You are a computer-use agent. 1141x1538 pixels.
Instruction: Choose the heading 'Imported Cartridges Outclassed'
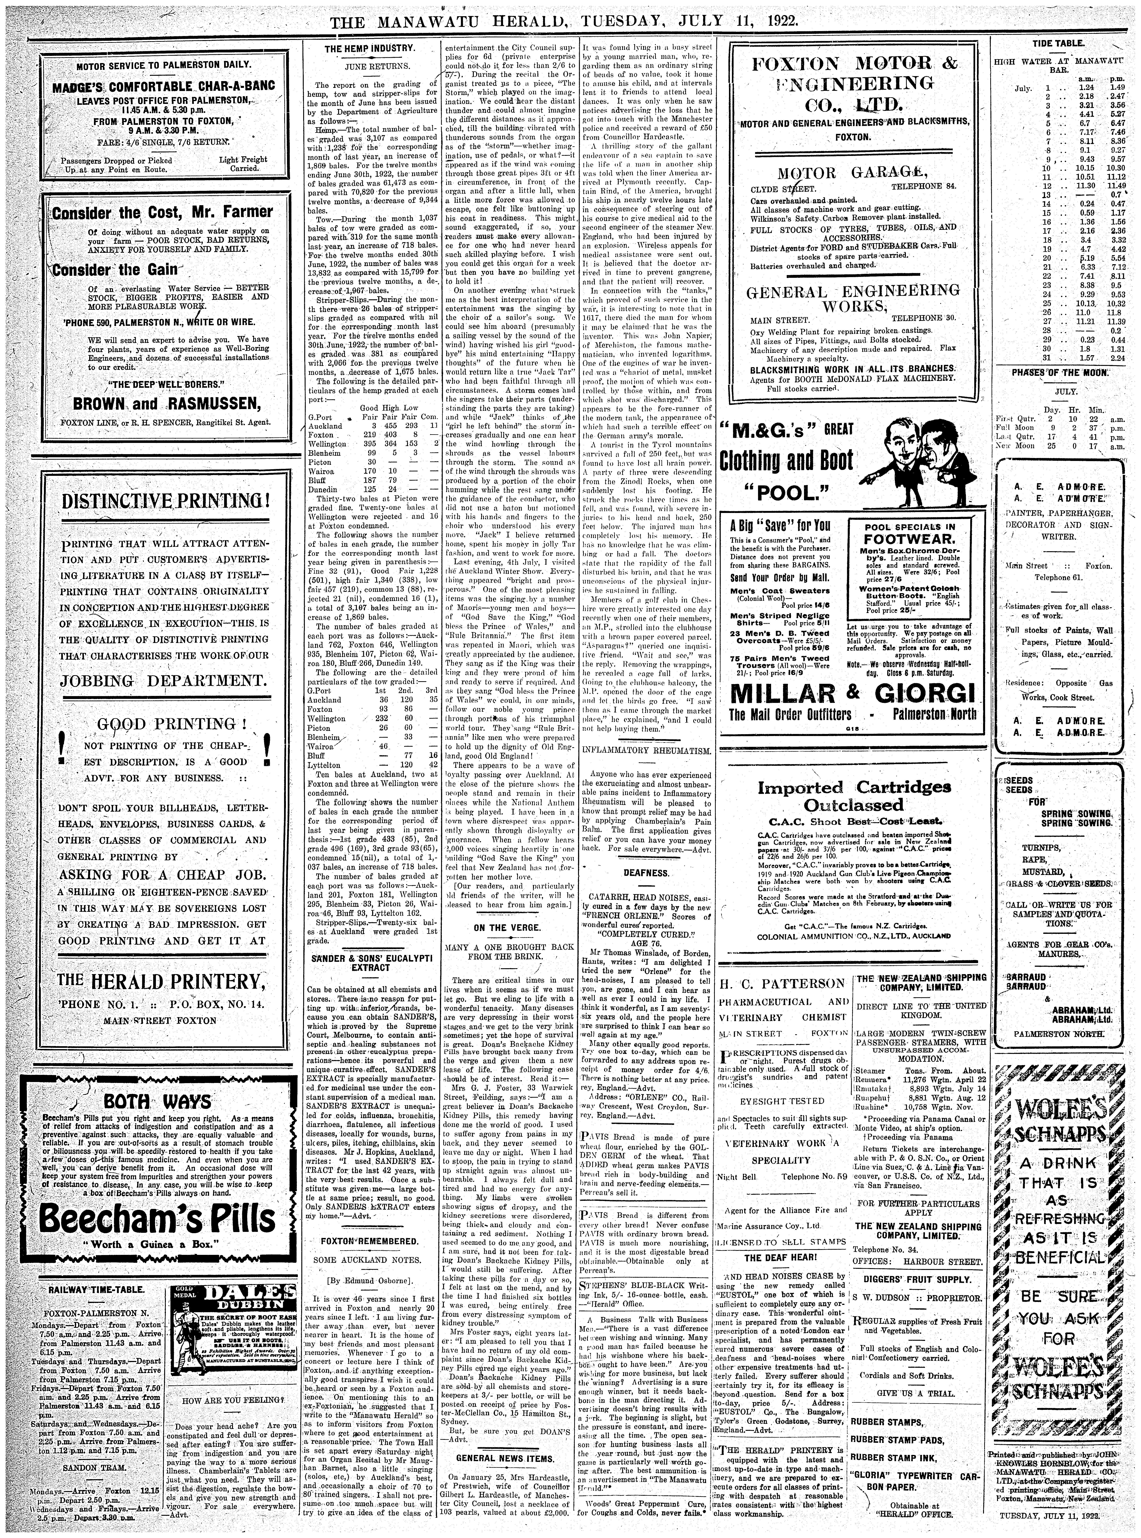pos(853,796)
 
